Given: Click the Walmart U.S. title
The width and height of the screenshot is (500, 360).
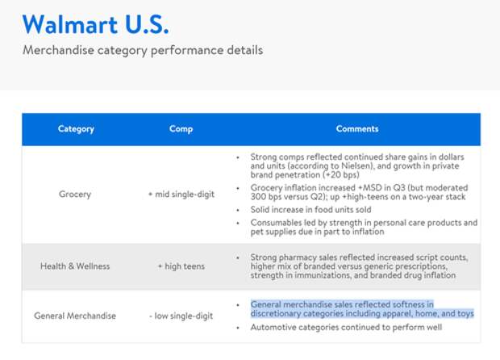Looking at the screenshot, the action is coord(95,24).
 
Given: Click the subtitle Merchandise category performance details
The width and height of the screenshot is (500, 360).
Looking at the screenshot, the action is coord(143,50).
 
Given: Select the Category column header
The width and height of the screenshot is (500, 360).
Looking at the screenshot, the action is coord(76,129).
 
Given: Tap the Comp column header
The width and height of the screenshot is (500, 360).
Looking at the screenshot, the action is coord(181,129).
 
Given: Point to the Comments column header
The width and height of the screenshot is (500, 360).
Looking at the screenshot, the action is coord(357,128).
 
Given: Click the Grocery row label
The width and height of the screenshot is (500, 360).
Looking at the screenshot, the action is coord(75,194).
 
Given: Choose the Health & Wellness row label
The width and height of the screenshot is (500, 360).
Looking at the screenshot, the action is coord(75,266).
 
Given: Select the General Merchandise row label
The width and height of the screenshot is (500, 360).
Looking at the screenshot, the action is coord(75,316).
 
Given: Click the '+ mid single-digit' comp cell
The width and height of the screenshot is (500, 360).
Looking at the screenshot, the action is coord(181,194).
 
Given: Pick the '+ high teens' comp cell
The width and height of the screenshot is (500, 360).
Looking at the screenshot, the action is coord(181,266).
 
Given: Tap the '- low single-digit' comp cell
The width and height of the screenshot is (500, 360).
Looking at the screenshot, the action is coord(181,316).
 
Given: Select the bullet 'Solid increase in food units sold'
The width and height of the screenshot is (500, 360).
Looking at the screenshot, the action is coord(310,210).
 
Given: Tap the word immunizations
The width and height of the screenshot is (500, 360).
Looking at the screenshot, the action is coord(323,275).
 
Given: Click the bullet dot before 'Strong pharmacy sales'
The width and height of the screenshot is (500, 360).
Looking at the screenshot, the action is coord(238,257).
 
